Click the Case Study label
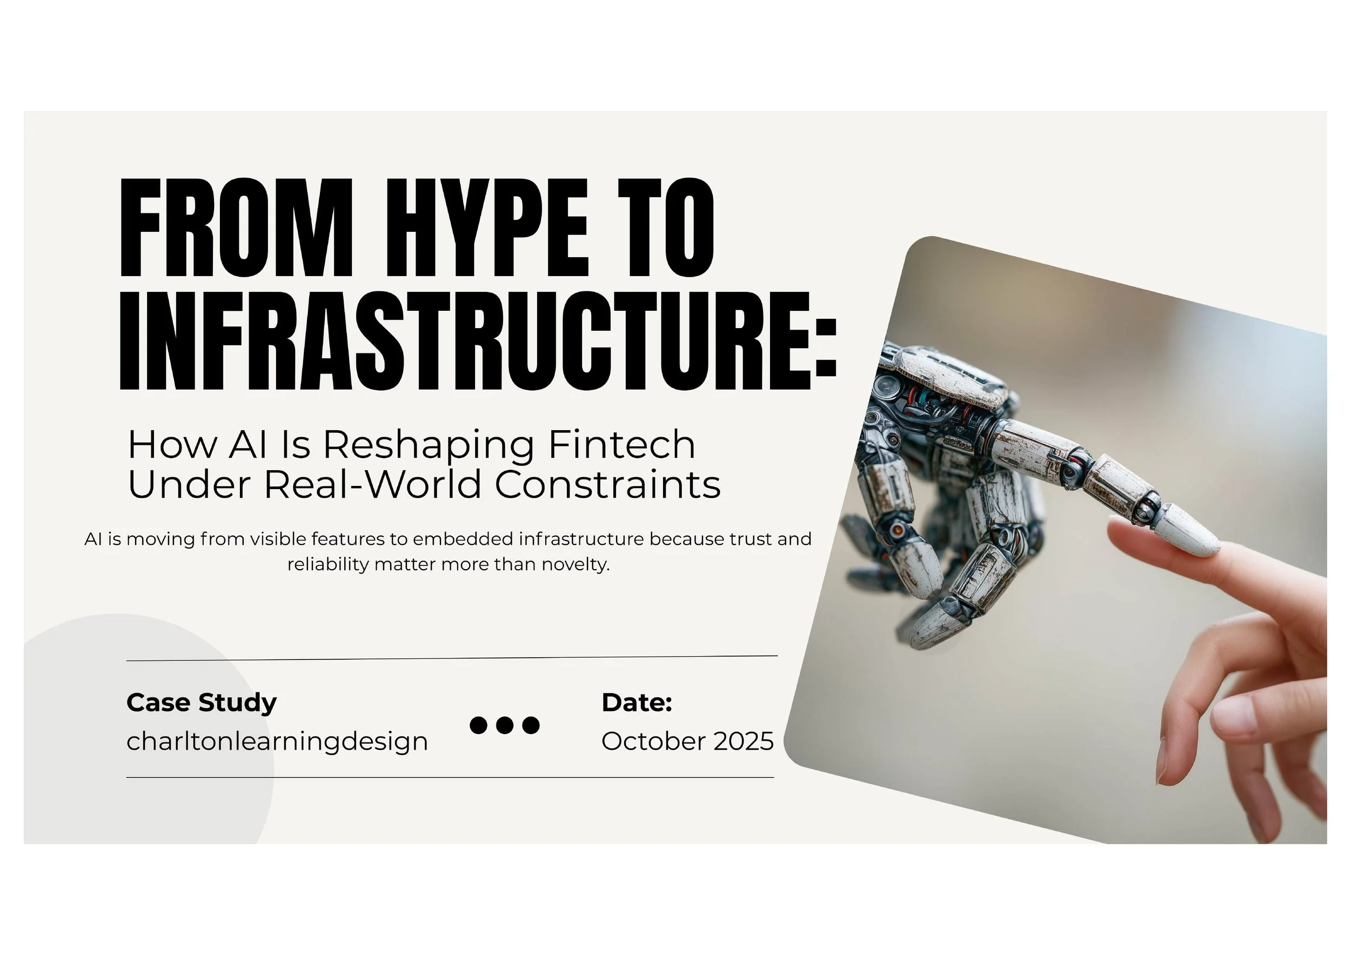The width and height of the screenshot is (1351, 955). coord(201,703)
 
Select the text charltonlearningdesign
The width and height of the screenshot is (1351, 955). coord(277,742)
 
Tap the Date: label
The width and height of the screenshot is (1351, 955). coord(637,703)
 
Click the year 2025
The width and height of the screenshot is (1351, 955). coord(743,742)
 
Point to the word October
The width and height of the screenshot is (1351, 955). coord(653,742)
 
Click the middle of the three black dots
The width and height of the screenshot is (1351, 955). coord(505,725)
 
